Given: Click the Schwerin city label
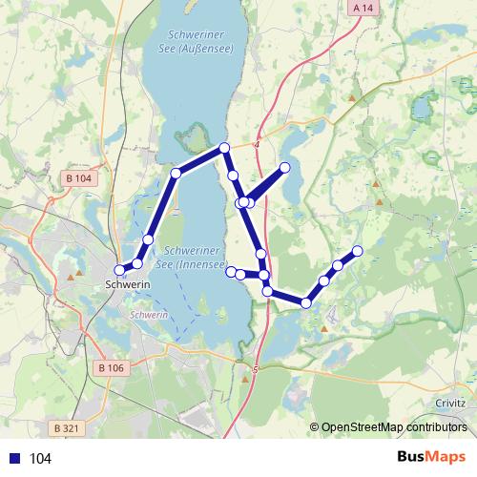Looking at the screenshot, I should pyautogui.click(x=124, y=284).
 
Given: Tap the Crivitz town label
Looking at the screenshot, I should pyautogui.click(x=450, y=404).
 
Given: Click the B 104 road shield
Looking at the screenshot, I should pyautogui.click(x=79, y=178).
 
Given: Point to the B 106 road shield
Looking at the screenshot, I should pyautogui.click(x=112, y=367).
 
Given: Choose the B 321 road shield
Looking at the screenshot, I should pyautogui.click(x=65, y=428).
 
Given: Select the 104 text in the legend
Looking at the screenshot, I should pyautogui.click(x=40, y=459).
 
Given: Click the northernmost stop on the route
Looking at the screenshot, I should pyautogui.click(x=224, y=147).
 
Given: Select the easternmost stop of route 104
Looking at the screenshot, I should pyautogui.click(x=358, y=251).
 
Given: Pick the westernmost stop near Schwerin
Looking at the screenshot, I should pyautogui.click(x=120, y=269).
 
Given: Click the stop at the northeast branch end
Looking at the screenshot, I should pyautogui.click(x=284, y=168).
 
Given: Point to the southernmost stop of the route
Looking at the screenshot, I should pyautogui.click(x=305, y=302).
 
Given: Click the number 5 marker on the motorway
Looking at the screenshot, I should pyautogui.click(x=256, y=368).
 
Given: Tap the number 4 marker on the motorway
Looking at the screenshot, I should pyautogui.click(x=257, y=144).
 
